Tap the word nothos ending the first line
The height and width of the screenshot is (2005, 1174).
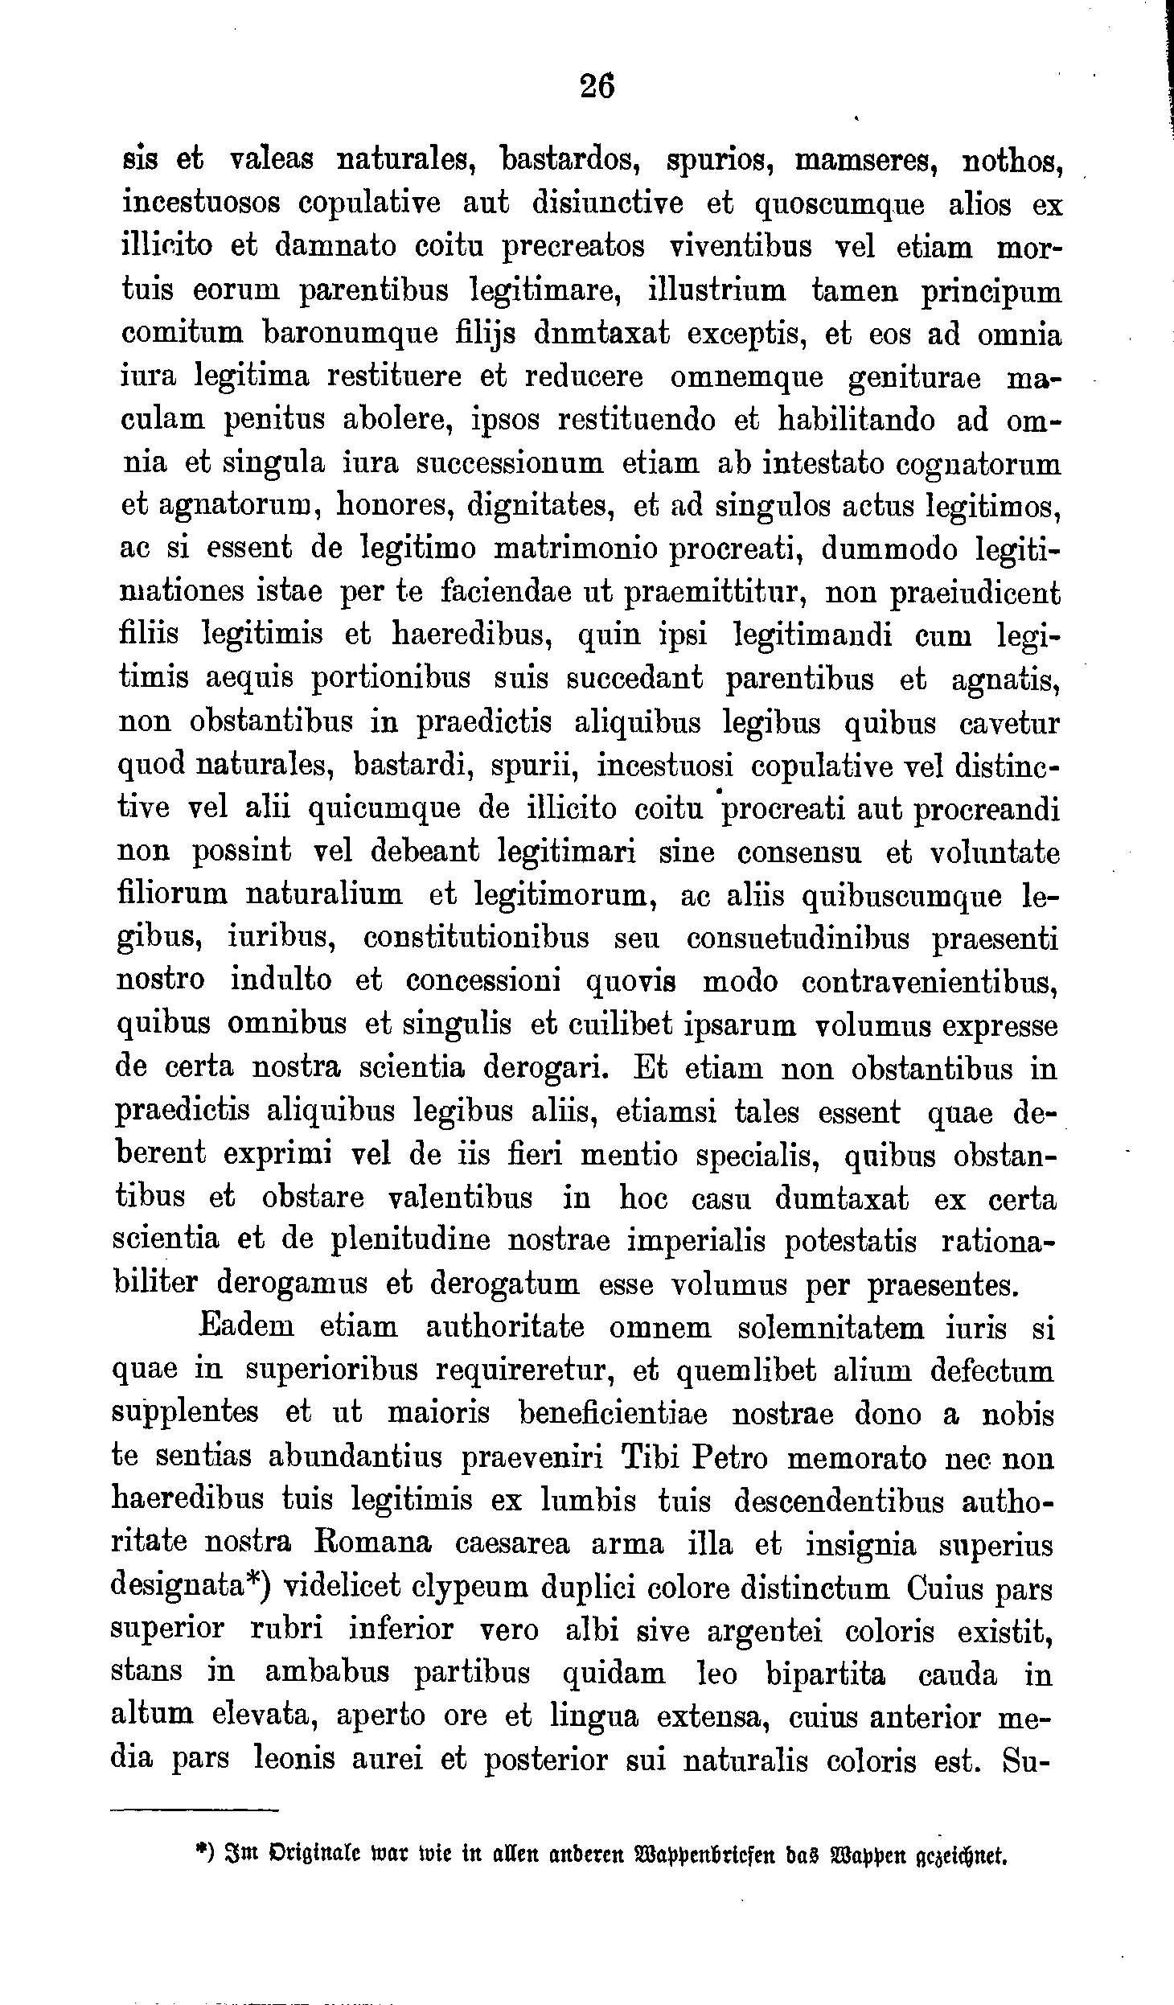pyautogui.click(x=1014, y=161)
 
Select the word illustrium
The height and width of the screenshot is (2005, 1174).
pyautogui.click(x=717, y=290)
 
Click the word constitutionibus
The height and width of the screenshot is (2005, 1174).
pyautogui.click(x=476, y=939)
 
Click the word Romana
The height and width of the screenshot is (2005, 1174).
pyautogui.click(x=371, y=1543)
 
